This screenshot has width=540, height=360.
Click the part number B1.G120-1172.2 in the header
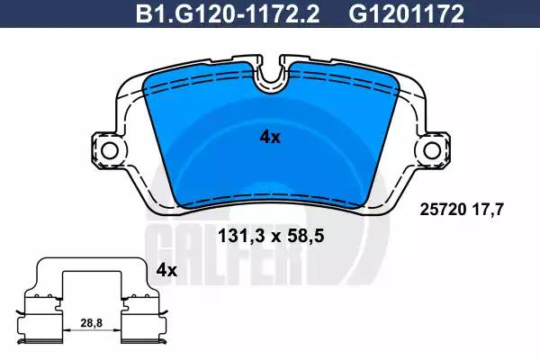pos(228,13)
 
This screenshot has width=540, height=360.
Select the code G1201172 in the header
pos(407,13)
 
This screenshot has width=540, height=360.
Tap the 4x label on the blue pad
pos(270,138)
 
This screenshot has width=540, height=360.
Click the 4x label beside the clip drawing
pos(166,271)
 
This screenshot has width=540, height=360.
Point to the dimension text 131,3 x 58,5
pos(271,237)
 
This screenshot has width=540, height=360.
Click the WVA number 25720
pos(443,209)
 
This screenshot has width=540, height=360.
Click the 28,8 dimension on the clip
pos(92,323)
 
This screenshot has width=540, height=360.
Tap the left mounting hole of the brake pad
pos(110,151)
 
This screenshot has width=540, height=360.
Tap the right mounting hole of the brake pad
pos(432,151)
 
